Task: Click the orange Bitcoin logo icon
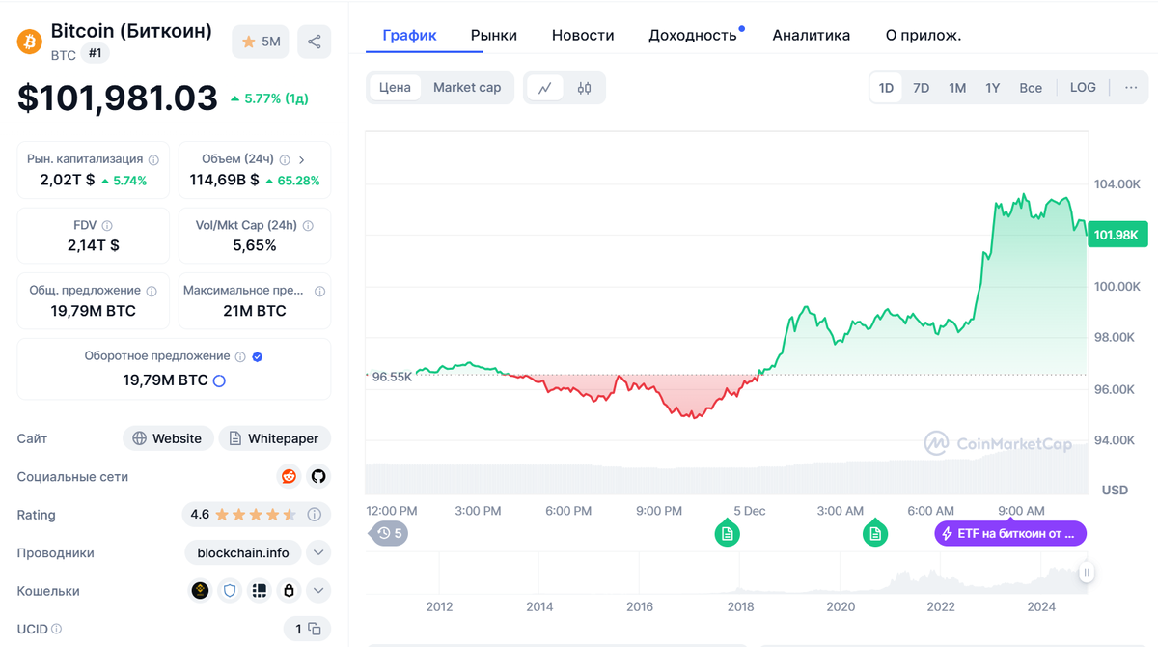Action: tap(30, 42)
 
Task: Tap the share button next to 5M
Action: tap(315, 42)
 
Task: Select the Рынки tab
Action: tap(494, 35)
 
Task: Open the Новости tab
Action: tap(583, 35)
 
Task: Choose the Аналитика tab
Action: tap(812, 35)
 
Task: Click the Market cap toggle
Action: tap(467, 88)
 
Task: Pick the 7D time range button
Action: tap(922, 88)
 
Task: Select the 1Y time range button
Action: tap(993, 88)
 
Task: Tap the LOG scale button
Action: tap(1083, 88)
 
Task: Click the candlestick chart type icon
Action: tap(584, 88)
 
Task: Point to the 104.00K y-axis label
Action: tap(1117, 184)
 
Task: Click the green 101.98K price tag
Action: tap(1117, 235)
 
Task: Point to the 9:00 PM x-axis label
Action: tap(659, 511)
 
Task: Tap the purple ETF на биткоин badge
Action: tap(1010, 534)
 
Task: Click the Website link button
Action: tap(168, 438)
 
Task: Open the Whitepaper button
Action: tap(274, 438)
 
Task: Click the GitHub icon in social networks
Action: tap(318, 476)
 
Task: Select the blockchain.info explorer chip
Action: tap(243, 553)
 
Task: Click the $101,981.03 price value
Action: tap(118, 98)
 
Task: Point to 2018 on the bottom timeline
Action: tap(740, 606)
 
